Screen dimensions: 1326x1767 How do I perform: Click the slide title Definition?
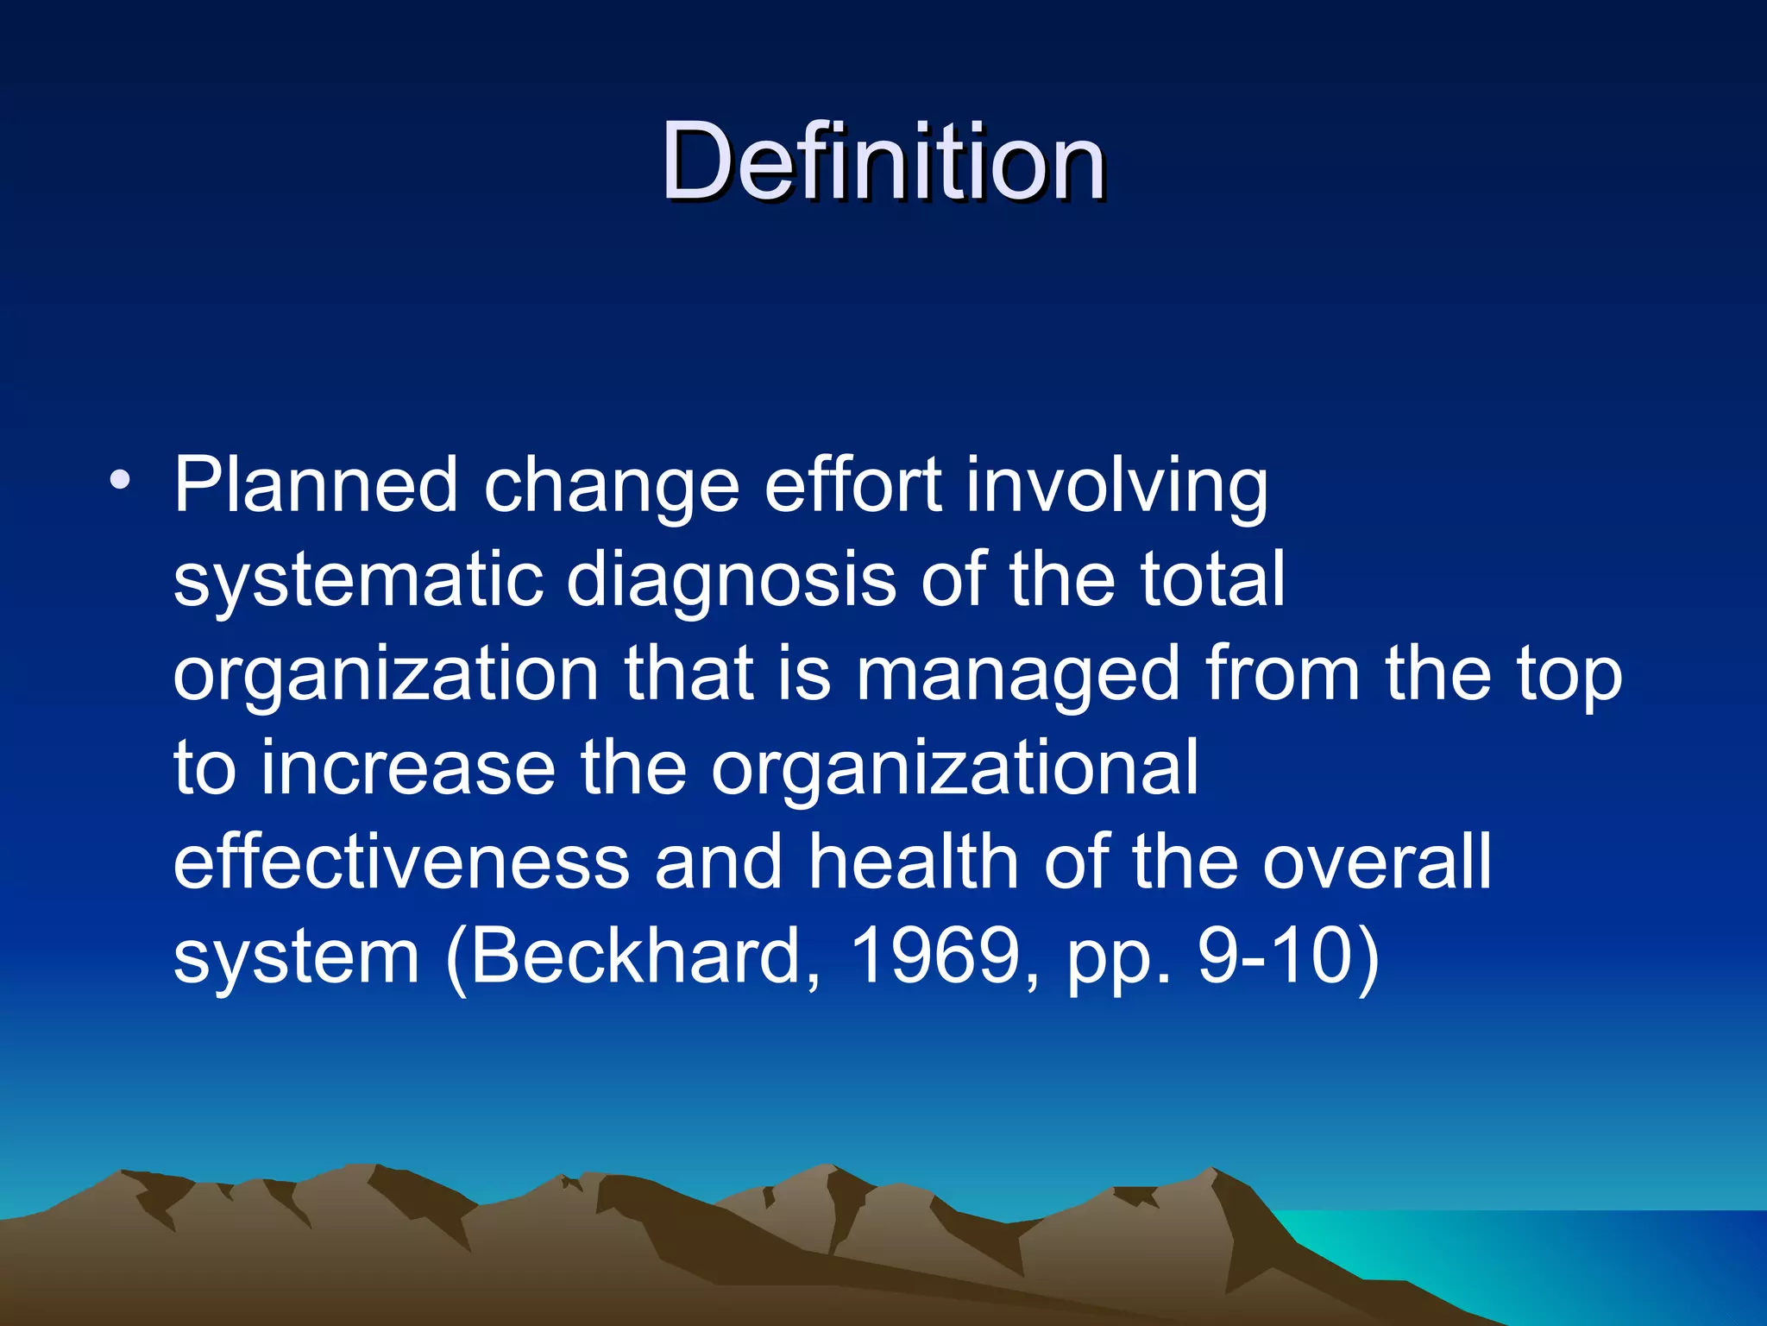point(883,161)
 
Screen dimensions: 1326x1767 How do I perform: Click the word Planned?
point(315,485)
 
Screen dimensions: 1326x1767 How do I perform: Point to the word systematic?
point(357,581)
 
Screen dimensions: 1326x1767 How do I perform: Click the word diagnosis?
point(731,581)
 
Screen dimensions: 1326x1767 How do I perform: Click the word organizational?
point(954,770)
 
